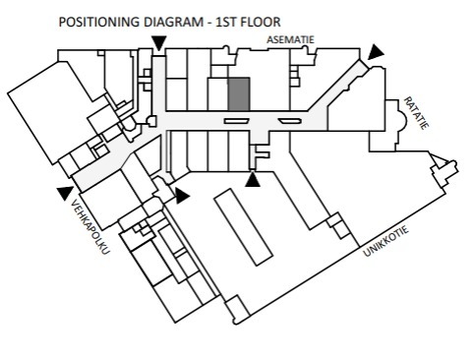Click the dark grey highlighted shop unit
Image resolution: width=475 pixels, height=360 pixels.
click(239, 94)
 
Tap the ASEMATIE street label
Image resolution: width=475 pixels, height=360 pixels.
click(290, 39)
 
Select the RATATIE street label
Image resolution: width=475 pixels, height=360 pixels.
click(416, 113)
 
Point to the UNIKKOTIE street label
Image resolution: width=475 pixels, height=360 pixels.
click(386, 241)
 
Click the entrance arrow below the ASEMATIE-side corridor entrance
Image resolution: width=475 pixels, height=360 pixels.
click(159, 43)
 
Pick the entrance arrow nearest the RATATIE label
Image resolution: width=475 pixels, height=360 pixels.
click(375, 53)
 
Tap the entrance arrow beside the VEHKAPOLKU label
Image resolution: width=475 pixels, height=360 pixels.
click(65, 193)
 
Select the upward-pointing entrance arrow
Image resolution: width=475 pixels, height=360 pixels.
click(253, 179)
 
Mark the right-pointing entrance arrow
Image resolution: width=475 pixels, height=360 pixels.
click(182, 196)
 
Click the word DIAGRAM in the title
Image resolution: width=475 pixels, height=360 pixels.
click(174, 23)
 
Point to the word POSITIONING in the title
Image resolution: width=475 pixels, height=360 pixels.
click(99, 23)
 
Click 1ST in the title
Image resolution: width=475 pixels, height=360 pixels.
click(226, 23)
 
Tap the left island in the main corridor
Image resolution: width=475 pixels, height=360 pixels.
click(237, 121)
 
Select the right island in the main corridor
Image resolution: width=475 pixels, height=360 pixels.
click(290, 121)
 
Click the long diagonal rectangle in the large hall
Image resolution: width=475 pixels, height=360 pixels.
click(244, 227)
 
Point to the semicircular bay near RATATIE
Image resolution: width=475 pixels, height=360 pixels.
click(402, 120)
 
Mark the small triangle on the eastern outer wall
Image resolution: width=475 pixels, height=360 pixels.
click(439, 160)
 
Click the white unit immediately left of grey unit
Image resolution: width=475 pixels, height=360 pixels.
click(218, 94)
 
